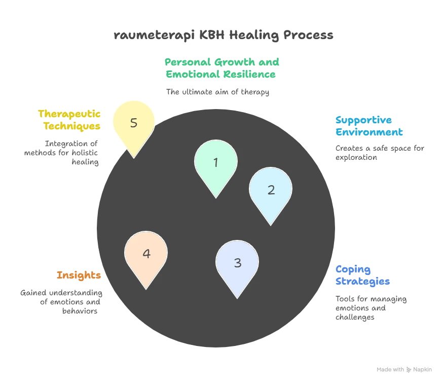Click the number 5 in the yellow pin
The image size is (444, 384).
tap(134, 123)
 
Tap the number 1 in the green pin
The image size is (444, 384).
tap(216, 162)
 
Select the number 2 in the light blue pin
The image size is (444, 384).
tap(271, 190)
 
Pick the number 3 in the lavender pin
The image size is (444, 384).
tap(237, 263)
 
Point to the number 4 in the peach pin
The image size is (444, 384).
tap(146, 254)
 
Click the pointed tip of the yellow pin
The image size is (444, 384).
tap(134, 158)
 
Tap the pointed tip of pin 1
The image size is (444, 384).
tap(216, 197)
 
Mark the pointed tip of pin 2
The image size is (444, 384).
tap(271, 225)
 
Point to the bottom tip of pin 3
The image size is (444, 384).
tap(237, 298)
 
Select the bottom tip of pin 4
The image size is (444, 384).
tap(146, 289)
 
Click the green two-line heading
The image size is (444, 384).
tap(221, 68)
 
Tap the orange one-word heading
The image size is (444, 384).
tap(79, 275)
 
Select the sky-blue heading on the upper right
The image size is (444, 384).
tap(369, 126)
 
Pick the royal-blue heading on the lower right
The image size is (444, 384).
tap(362, 275)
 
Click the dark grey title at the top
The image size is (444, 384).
tap(224, 37)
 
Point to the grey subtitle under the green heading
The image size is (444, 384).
tap(218, 93)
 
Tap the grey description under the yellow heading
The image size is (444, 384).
tap(63, 153)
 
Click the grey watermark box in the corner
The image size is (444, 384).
tap(405, 369)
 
